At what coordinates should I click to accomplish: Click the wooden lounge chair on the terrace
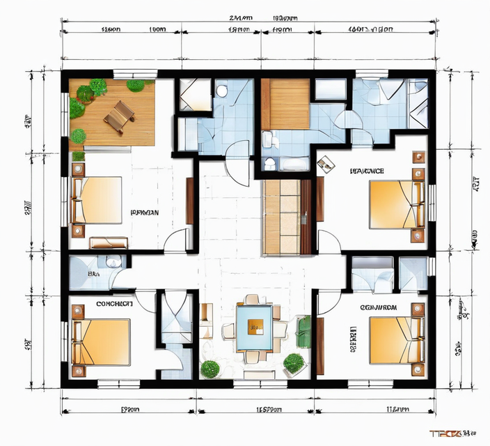click(x=119, y=116)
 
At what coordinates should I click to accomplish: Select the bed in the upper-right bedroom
click(x=394, y=203)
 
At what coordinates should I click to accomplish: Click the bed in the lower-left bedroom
click(x=102, y=341)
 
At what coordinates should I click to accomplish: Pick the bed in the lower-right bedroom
click(x=395, y=340)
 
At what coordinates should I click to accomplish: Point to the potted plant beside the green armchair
click(x=294, y=362)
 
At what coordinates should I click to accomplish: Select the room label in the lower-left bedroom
click(x=115, y=305)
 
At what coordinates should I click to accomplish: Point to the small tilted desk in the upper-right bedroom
click(x=325, y=165)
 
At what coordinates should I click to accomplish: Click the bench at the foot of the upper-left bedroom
click(x=109, y=243)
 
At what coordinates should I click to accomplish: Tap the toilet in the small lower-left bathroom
click(x=111, y=263)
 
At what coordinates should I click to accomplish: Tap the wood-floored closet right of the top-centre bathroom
click(x=285, y=104)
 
